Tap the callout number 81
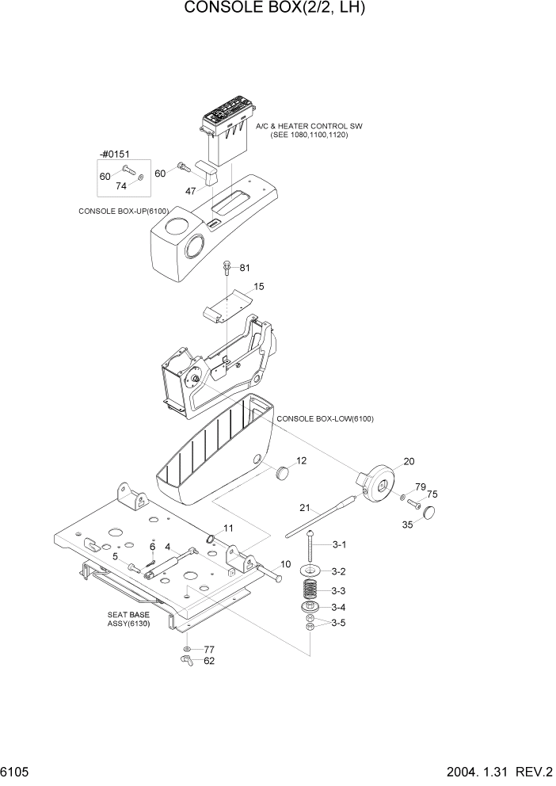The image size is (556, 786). (x=245, y=268)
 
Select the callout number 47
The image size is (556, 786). (x=191, y=191)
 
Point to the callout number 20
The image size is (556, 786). (x=409, y=461)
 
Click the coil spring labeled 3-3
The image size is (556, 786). (x=310, y=590)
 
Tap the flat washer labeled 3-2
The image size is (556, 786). (x=310, y=570)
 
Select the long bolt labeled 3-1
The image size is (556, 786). (x=310, y=547)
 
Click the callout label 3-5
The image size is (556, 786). (x=338, y=623)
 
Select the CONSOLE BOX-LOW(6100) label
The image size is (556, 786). (x=325, y=418)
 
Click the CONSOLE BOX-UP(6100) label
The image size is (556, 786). (x=124, y=212)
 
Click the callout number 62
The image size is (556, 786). (x=210, y=660)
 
